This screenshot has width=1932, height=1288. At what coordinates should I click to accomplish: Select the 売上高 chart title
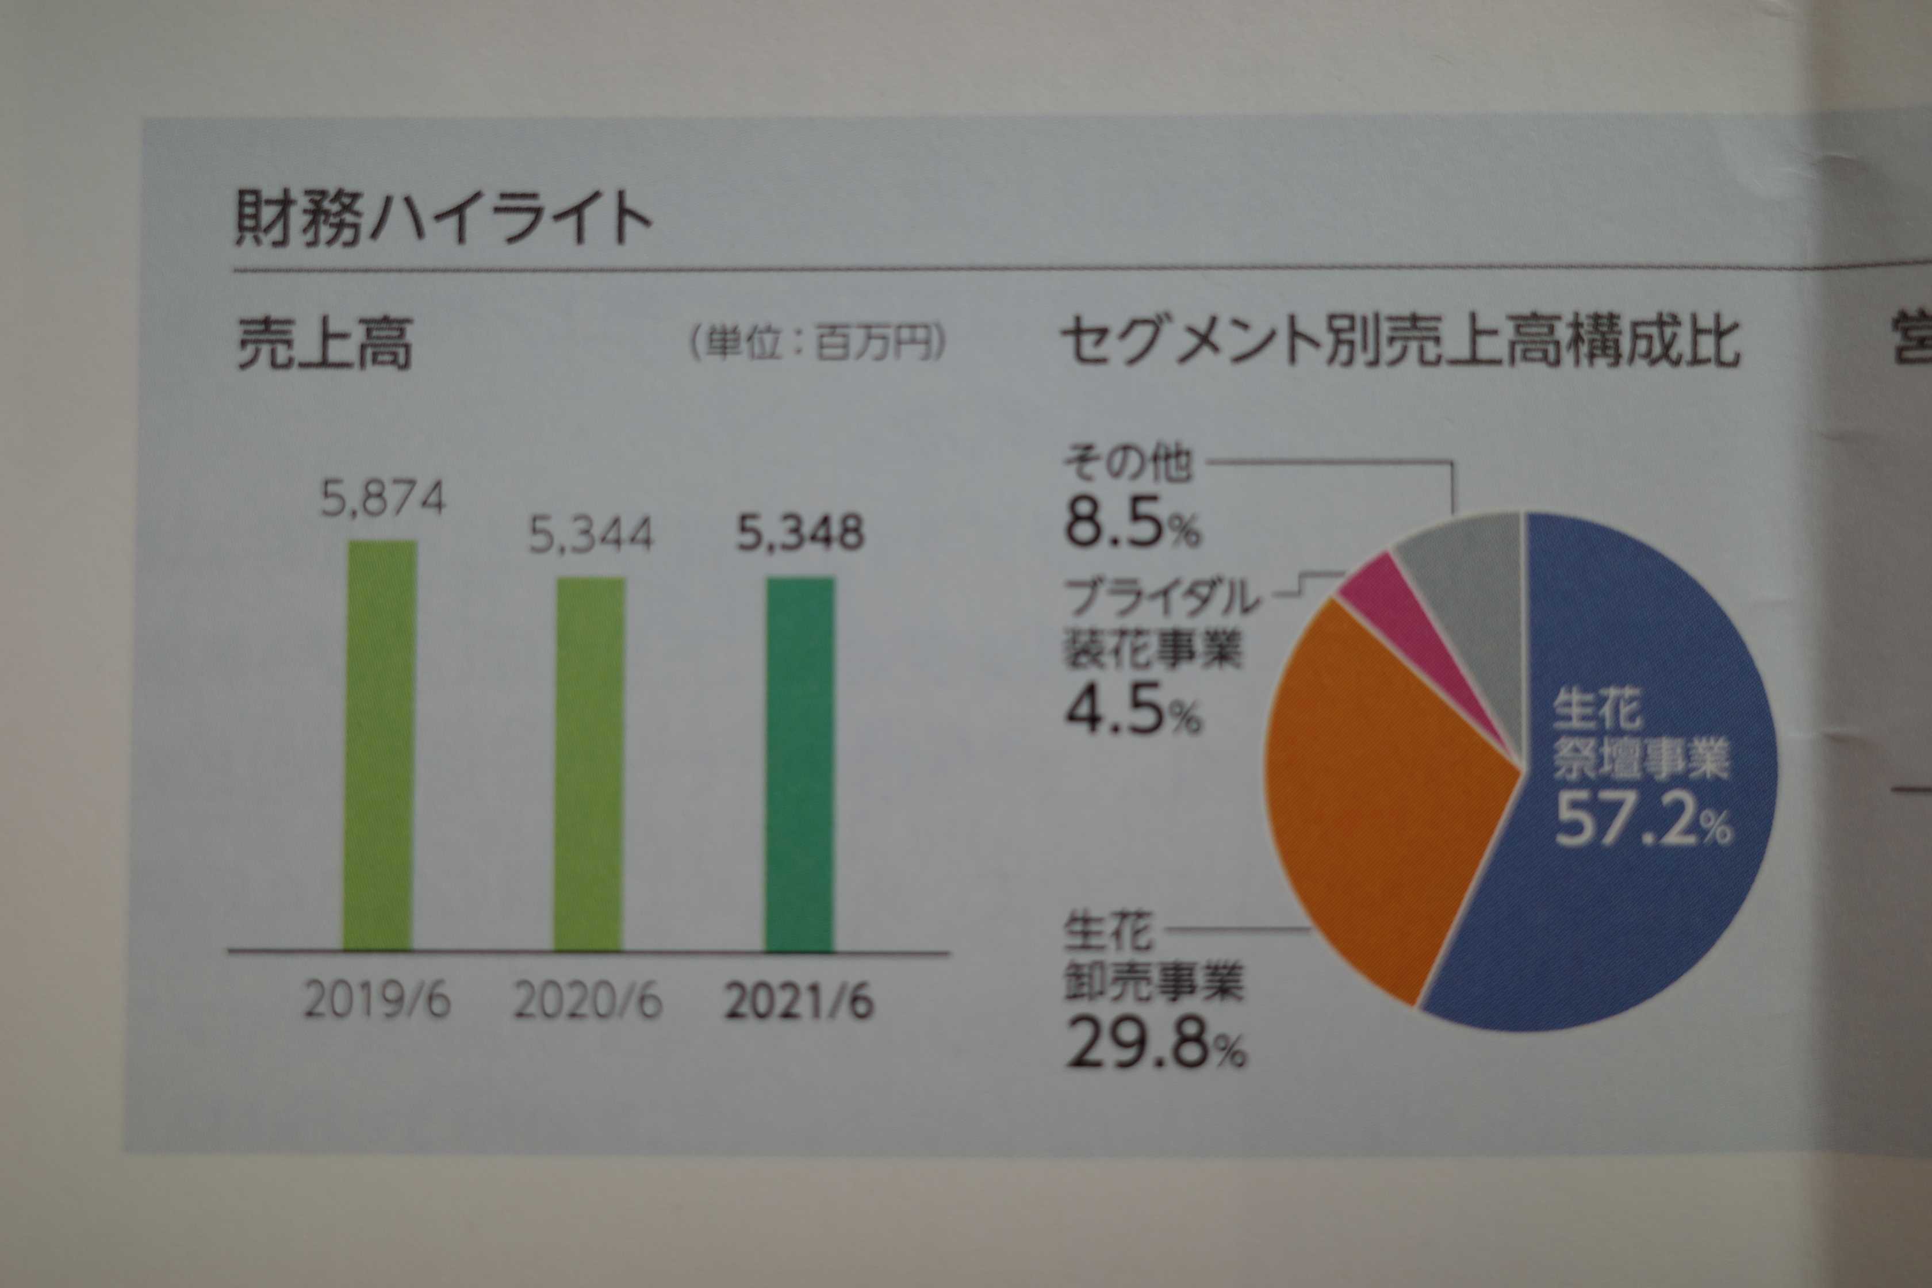pos(324,345)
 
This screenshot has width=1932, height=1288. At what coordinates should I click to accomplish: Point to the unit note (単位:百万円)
pos(817,345)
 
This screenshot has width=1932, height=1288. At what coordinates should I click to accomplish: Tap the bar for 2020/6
pos(589,764)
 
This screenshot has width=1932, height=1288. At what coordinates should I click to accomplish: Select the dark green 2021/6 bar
pos(800,764)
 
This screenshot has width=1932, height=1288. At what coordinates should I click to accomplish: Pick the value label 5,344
pos(591,535)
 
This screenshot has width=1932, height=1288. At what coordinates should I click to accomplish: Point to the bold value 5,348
pos(800,534)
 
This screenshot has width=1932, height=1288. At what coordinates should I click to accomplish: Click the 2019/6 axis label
pos(377,1002)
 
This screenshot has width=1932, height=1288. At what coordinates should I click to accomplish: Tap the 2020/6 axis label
pos(587,1002)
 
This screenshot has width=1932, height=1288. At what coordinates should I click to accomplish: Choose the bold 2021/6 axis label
pos(799,1002)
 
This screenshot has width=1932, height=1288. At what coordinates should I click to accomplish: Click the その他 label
pos(1126,464)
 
